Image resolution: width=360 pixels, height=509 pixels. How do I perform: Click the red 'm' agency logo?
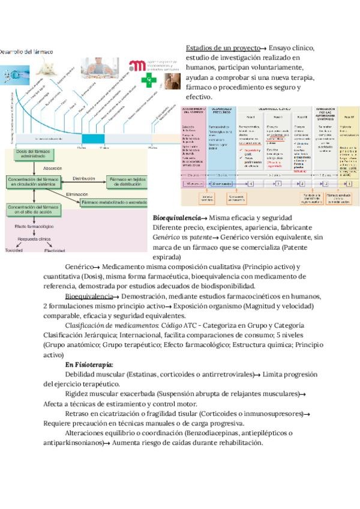tap(137, 65)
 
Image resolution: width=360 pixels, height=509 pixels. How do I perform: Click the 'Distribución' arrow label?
tap(83, 178)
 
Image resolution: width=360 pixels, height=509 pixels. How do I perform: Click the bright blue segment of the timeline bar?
tap(92, 139)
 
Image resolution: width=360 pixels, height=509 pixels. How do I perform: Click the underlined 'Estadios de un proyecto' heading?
tap(222, 47)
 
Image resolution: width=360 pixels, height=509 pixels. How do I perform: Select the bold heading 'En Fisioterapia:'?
tap(89, 364)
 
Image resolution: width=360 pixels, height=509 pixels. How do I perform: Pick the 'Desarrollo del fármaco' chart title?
tap(27, 52)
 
